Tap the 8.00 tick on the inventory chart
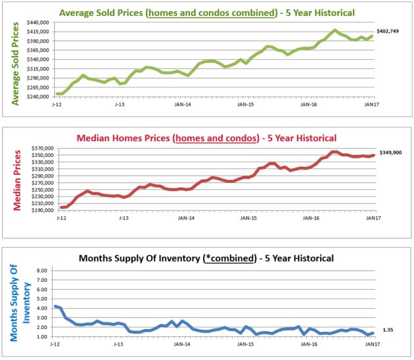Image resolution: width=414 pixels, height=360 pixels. coord(42,270)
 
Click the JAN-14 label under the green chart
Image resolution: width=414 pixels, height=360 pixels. coord(183,104)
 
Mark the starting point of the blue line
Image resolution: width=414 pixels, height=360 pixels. coord(56,306)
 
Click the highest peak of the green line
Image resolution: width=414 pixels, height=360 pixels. coord(335,30)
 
